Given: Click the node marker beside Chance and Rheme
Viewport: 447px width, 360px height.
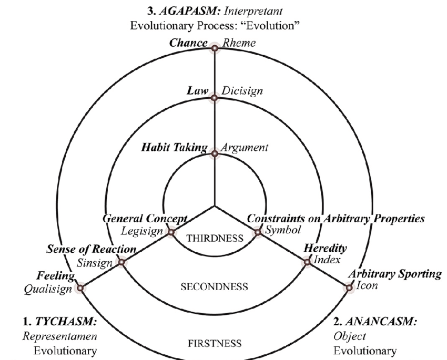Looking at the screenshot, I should [215, 49].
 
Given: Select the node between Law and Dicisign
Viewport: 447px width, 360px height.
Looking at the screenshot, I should [215, 98].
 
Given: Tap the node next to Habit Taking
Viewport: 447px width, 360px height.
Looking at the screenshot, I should [215, 153].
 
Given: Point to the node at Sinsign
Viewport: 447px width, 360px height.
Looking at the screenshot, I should [121, 262].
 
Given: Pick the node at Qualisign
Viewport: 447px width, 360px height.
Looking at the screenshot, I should [81, 287].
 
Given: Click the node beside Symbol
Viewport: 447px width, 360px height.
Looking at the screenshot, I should [258, 232].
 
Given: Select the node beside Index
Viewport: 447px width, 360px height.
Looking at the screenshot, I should [307, 262].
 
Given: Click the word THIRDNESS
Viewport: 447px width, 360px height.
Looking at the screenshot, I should [215, 238].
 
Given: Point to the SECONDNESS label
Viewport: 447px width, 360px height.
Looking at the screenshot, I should [214, 286].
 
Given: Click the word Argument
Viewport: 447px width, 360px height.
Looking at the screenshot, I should [244, 148].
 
